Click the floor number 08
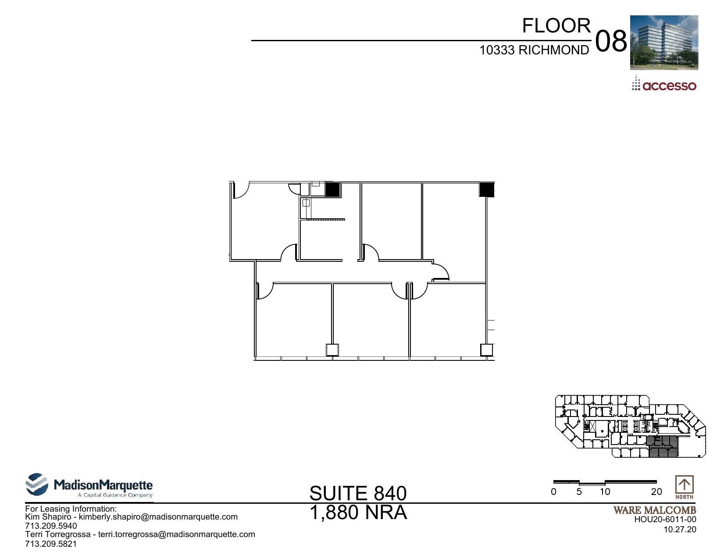pos(611,42)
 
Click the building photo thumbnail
pos(663,43)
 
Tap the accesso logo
pos(664,85)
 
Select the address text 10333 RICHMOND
pos(534,50)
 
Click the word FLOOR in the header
pos(556,26)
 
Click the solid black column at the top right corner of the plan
pos(486,189)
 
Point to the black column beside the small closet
pos(332,189)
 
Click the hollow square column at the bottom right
pos(486,350)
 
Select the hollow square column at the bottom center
pos(332,350)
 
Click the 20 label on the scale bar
pos(656,492)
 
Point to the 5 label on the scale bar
pos(579,492)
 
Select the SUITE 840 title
pos(358,493)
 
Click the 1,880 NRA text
pos(358,513)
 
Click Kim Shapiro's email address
pos(158,517)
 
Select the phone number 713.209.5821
pos(51,544)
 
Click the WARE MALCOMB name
pos(654,510)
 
